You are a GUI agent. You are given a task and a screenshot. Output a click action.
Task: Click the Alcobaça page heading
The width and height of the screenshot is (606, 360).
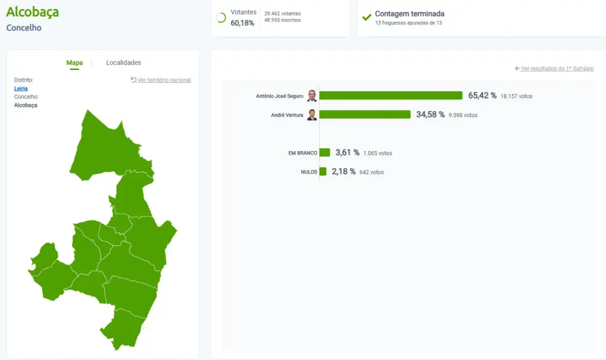[x=32, y=12]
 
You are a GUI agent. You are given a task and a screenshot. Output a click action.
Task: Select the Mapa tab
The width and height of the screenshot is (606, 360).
[x=75, y=63]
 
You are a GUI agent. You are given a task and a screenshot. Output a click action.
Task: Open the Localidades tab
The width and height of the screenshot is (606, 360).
[x=124, y=63]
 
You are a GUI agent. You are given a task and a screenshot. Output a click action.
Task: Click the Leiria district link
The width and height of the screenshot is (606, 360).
[x=21, y=88]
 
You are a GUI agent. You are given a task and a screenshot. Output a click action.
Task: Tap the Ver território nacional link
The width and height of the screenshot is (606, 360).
[x=161, y=80]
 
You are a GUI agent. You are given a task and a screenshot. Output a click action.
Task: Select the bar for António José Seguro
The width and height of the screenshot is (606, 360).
[x=391, y=96]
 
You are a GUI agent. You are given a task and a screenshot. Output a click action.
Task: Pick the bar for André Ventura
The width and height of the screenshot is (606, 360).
[x=365, y=115]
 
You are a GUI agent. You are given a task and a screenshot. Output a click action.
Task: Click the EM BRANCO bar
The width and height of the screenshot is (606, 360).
[x=325, y=153]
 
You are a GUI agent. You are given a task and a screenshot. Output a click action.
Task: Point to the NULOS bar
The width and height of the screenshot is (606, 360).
[x=323, y=172]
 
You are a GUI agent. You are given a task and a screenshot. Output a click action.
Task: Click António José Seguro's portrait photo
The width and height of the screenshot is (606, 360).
[x=312, y=96]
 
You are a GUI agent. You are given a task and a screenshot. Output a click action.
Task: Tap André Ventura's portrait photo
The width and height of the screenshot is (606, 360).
[x=312, y=115]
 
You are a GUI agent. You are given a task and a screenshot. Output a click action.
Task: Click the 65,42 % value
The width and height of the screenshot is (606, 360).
[x=482, y=95]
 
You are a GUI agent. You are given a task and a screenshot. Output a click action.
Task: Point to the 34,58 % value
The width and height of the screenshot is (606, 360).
[x=430, y=114]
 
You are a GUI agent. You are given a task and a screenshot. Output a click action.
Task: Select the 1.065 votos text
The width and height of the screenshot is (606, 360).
[x=378, y=153]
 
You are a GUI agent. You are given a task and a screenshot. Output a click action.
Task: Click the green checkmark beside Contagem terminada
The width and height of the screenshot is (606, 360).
[x=367, y=17]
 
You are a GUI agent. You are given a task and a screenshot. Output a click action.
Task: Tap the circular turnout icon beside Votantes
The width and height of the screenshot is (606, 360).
[x=221, y=18]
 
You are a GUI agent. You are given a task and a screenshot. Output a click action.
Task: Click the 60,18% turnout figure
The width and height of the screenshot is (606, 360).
[x=243, y=23]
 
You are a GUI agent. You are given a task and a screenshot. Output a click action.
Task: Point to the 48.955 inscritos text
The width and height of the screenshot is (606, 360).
[x=282, y=20]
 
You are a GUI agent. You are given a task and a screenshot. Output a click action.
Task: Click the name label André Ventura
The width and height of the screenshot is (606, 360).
[x=287, y=115]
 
